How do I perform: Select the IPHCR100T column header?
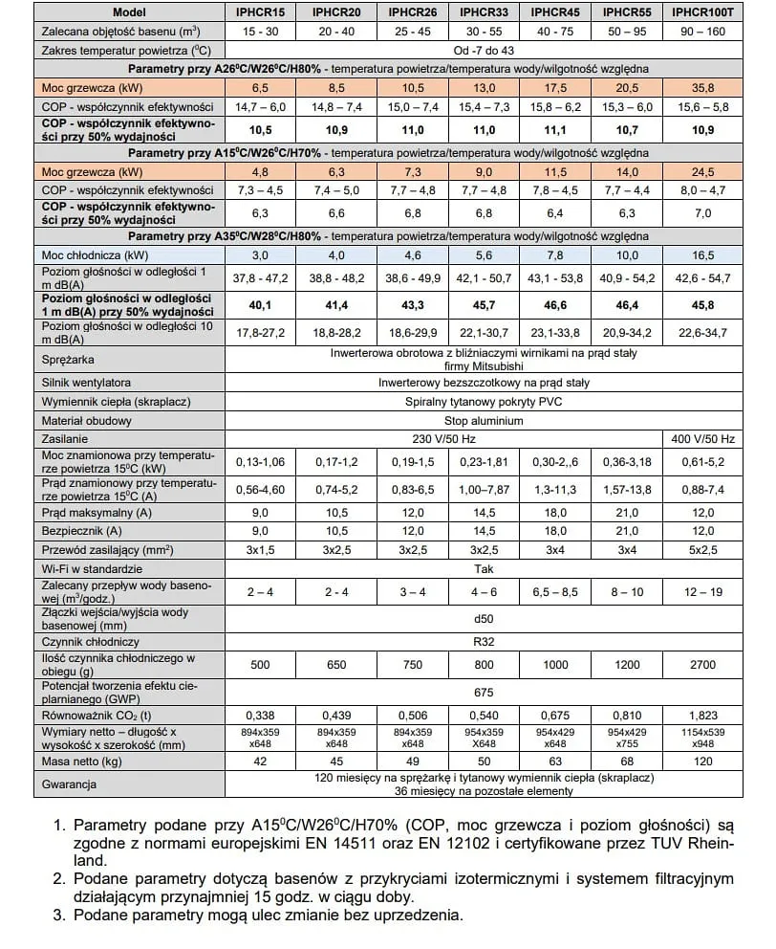coord(702,12)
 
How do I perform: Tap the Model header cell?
coord(128,12)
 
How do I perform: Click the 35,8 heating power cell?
coord(702,88)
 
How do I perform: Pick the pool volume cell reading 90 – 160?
coord(702,31)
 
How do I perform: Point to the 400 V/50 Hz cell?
coord(702,439)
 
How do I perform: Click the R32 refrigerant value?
coord(484,642)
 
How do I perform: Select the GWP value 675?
coord(484,692)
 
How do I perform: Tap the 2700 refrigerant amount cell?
coord(702,665)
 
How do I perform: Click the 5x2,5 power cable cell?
coord(702,550)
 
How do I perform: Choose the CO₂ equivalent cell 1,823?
coord(702,714)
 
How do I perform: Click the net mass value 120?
coord(702,761)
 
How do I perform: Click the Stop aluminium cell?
coord(484,421)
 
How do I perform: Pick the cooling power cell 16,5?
coord(702,255)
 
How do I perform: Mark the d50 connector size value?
coord(484,619)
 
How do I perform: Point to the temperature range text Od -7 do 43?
coord(484,49)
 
